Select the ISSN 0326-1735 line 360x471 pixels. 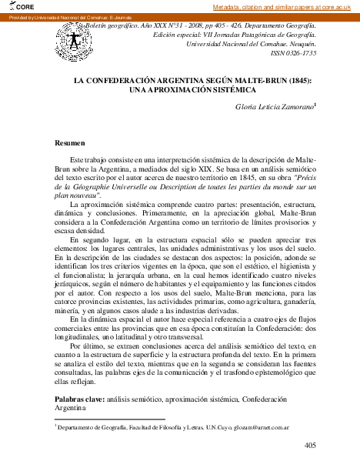[293, 54]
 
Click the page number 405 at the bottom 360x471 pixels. [310, 445]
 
